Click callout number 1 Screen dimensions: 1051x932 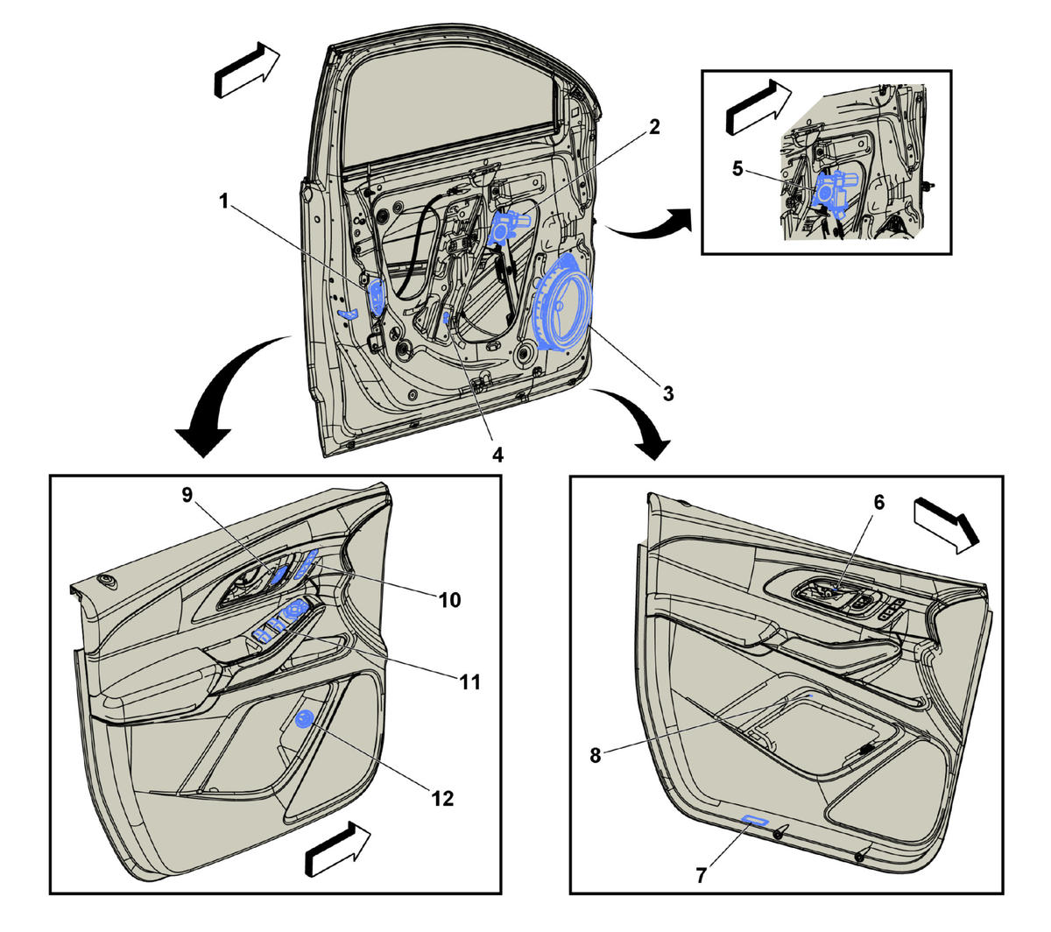pyautogui.click(x=223, y=201)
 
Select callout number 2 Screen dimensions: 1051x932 pyautogui.click(x=654, y=127)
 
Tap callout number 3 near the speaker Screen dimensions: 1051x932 pyautogui.click(x=668, y=393)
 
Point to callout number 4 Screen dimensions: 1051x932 pyautogui.click(x=497, y=455)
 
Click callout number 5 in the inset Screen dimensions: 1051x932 pyautogui.click(x=737, y=169)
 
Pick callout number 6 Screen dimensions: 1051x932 pyautogui.click(x=878, y=502)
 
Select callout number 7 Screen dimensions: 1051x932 pyautogui.click(x=701, y=876)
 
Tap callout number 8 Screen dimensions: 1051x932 pyautogui.click(x=595, y=755)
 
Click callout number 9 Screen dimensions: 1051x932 pyautogui.click(x=187, y=495)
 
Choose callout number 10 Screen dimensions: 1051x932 pyautogui.click(x=450, y=600)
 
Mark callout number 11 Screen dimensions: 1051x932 pyautogui.click(x=470, y=682)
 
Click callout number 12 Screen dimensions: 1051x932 pyautogui.click(x=442, y=799)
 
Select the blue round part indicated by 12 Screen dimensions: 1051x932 pyautogui.click(x=304, y=719)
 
